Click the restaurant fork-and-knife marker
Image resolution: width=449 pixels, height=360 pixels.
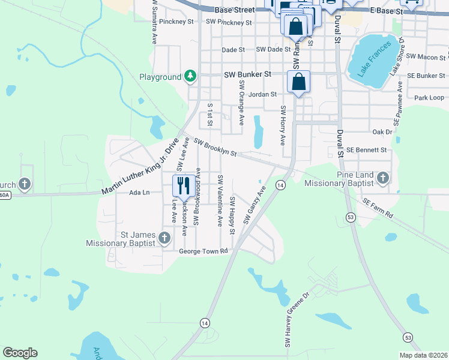tap(182, 185)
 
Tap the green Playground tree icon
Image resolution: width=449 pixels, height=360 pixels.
tap(190, 76)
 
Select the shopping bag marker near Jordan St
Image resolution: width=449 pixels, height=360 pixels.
tap(298, 82)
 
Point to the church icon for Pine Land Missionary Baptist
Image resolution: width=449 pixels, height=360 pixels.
tap(384, 178)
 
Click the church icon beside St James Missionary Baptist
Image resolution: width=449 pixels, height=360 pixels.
tap(164, 239)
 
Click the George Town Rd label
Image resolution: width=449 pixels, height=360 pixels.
tap(203, 251)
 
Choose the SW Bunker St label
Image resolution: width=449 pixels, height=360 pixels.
tap(248, 75)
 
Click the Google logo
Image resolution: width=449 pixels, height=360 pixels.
tap(20, 353)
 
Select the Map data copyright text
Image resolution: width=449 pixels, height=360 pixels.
tap(424, 355)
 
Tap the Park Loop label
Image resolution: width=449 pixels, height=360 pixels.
tap(429, 97)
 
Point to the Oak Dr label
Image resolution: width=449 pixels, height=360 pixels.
tap(382, 131)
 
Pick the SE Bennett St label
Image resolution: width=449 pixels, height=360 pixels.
tap(366, 149)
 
